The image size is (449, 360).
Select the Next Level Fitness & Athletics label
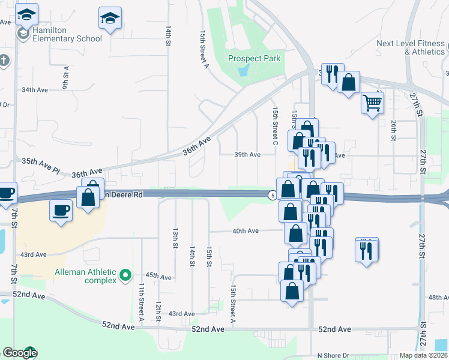coord(411,47)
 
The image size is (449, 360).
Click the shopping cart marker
coord(372,104)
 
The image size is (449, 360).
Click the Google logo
coord(20,353)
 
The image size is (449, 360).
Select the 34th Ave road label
coord(34,89)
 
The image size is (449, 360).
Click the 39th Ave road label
coord(247,154)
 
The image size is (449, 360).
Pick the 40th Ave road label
coord(246,230)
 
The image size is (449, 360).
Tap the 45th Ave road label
coord(158,277)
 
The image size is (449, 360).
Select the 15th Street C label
coord(275,126)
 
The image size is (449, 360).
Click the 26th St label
coord(394,130)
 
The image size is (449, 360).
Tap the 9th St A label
coord(65,77)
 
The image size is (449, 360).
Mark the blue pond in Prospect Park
coord(243,71)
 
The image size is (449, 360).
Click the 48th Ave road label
coord(439,297)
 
